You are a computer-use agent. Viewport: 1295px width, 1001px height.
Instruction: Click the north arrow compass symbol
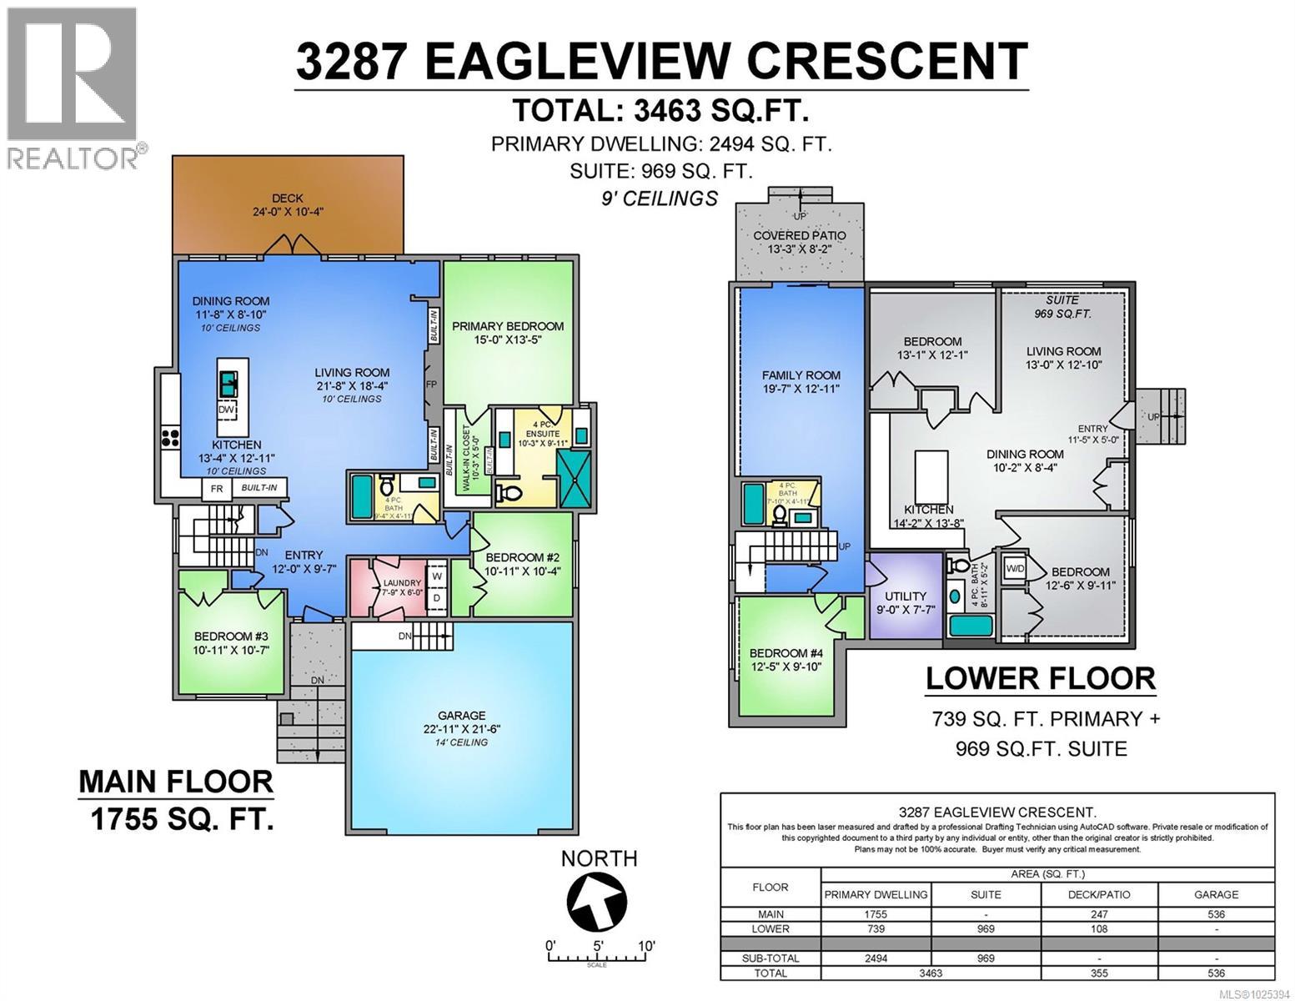598,902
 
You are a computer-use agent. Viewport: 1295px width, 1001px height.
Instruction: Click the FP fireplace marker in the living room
431,385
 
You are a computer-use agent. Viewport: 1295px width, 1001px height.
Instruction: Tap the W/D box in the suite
1016,568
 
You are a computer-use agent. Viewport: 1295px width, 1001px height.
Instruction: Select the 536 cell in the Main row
1216,914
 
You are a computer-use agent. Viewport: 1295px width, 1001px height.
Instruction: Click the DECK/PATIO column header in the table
1099,894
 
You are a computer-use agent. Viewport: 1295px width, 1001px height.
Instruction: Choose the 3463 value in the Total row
930,973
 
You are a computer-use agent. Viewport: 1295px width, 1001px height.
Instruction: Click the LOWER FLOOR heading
1040,678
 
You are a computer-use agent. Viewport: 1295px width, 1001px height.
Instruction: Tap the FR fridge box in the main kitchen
217,489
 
